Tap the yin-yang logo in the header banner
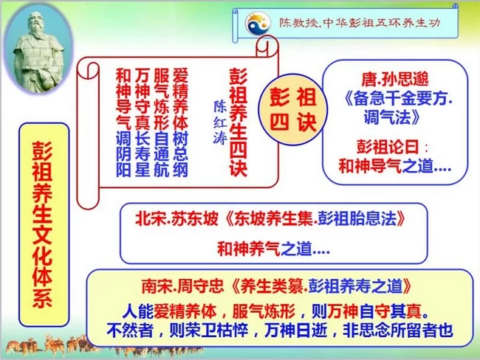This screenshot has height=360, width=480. coord(258,24)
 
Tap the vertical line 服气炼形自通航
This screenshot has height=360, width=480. coord(162,122)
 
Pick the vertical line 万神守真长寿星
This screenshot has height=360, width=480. coord(143,122)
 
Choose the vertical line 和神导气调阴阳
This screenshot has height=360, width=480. coord(124,122)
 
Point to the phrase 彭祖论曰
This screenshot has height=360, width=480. coord(388,145)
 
